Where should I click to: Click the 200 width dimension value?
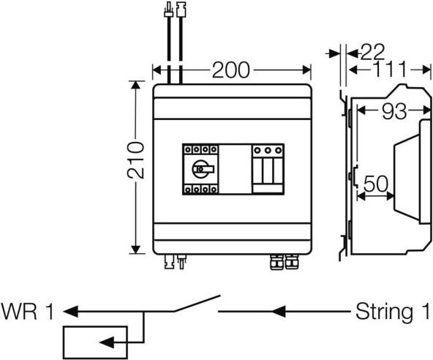[231, 70]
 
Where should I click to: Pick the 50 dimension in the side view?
[375, 183]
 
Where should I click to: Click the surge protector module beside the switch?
[268, 168]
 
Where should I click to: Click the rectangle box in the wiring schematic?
[94, 341]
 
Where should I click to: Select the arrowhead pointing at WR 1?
[70, 311]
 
